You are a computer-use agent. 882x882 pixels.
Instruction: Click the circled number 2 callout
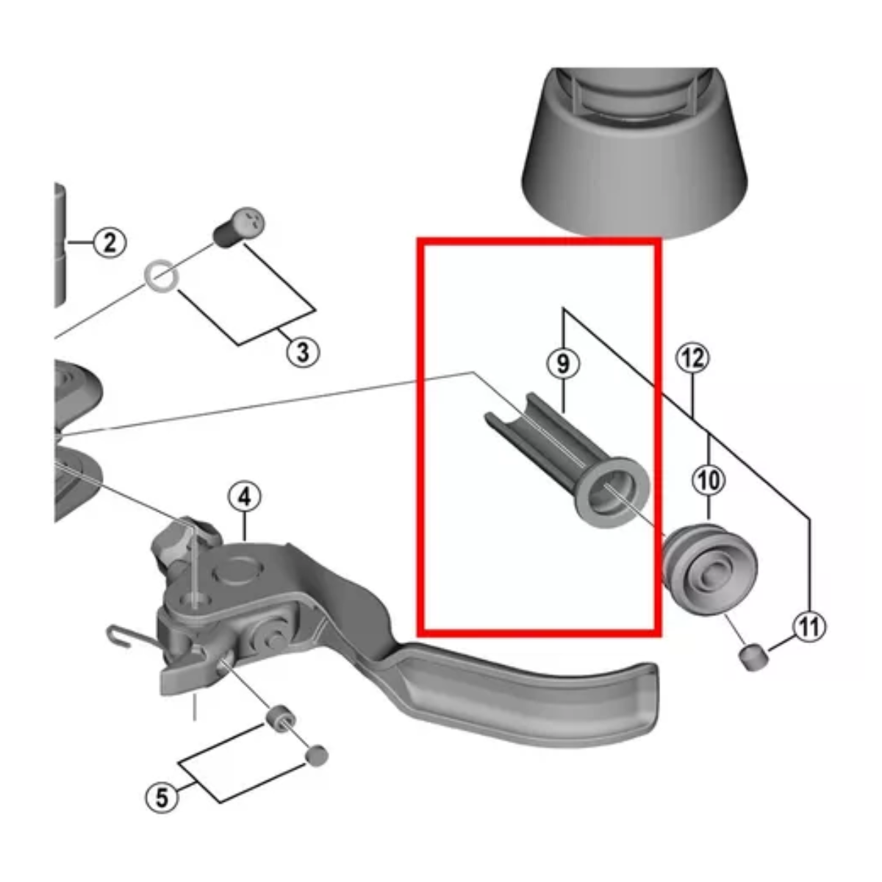click(x=110, y=242)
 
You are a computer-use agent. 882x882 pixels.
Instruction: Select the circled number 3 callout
click(x=303, y=352)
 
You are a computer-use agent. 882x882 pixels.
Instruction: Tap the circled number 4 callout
click(x=244, y=498)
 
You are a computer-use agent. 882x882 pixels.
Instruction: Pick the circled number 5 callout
click(x=162, y=796)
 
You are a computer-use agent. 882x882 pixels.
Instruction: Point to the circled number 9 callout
click(x=563, y=363)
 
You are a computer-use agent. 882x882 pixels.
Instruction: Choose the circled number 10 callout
click(x=709, y=481)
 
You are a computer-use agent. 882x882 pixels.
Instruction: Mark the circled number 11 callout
click(x=809, y=627)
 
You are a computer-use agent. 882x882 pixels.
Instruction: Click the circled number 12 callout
click(x=692, y=358)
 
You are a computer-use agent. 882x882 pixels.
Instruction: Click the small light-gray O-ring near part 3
click(x=161, y=277)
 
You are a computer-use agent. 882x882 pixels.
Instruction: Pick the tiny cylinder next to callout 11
click(x=753, y=656)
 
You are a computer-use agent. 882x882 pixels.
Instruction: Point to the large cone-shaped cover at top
click(x=634, y=162)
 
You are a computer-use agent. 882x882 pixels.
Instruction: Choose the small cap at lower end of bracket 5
click(x=316, y=755)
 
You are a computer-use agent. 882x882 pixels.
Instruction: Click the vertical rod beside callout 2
click(x=60, y=246)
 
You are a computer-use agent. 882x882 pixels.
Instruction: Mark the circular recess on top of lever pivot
click(x=237, y=567)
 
